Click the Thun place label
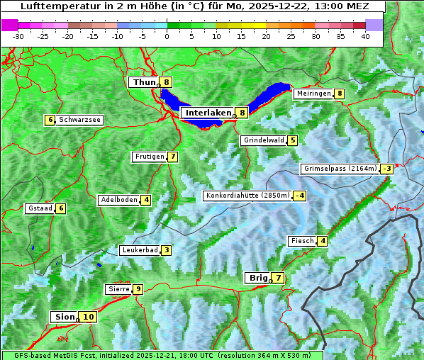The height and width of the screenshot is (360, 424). click(x=144, y=82)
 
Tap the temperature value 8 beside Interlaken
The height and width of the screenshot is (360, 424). click(x=242, y=112)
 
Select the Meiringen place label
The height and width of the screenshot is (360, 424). click(x=313, y=94)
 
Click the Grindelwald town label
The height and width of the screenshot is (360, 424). click(x=264, y=140)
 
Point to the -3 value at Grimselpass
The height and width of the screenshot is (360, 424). click(x=386, y=169)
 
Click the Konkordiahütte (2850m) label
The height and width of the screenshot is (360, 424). click(x=247, y=196)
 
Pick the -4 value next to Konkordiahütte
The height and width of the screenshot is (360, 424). click(x=300, y=196)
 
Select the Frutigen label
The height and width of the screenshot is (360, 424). click(x=150, y=157)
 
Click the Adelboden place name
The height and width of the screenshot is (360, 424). click(x=118, y=200)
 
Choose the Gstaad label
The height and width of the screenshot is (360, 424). click(x=40, y=208)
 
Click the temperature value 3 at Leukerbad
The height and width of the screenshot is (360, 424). click(x=166, y=250)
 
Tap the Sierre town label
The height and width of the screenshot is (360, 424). click(x=118, y=289)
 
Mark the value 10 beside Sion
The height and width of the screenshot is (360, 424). click(x=87, y=317)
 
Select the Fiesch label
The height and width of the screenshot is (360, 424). click(x=302, y=241)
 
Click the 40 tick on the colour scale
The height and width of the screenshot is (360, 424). click(x=365, y=36)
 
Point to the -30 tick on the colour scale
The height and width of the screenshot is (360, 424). click(x=18, y=36)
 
